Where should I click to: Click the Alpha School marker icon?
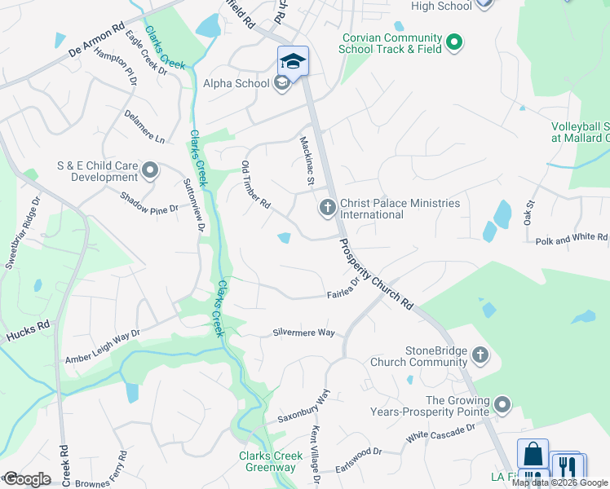tap(282, 84)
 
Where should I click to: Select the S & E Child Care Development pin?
tap(150, 170)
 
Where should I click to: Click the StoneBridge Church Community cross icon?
tap(480, 355)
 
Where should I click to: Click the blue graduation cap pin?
tap(293, 61)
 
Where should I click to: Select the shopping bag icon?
tap(533, 454)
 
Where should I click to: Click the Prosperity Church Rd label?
tap(376, 273)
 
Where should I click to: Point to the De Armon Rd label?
tap(97, 42)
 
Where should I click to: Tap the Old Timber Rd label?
tap(255, 185)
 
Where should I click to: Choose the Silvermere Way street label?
tap(304, 333)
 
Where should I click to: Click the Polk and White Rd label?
tap(572, 239)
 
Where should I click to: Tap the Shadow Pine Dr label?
tap(149, 203)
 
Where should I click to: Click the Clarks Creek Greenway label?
tap(267, 461)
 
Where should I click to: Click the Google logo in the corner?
tap(27, 479)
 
